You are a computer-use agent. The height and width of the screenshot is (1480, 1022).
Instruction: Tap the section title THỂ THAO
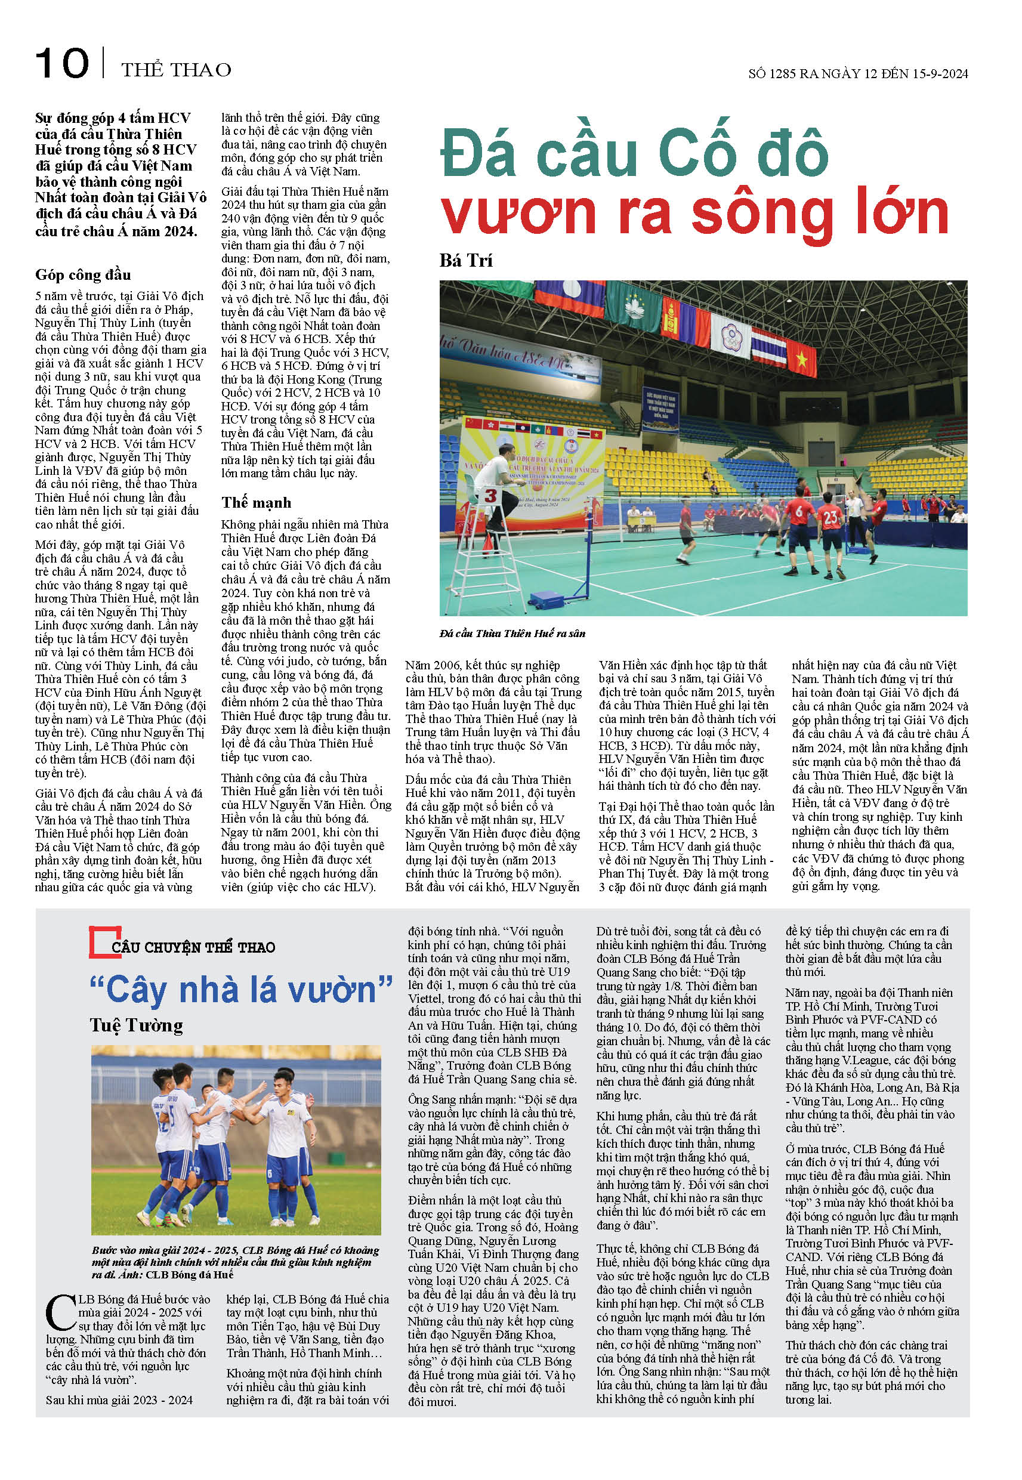[x=176, y=69]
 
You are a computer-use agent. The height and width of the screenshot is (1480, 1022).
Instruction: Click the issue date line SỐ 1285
[x=858, y=73]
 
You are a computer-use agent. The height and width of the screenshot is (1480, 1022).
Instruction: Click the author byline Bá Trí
[x=466, y=261]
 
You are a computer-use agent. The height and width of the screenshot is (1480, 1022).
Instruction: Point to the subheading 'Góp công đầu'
[x=84, y=274]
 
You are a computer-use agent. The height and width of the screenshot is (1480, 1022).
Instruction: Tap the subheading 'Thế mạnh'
[x=256, y=502]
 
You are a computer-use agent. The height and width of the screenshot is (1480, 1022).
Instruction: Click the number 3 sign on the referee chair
[x=490, y=496]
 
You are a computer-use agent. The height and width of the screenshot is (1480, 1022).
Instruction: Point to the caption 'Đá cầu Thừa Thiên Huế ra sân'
[x=512, y=633]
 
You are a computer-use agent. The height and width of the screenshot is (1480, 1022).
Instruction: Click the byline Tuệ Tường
[x=137, y=1025]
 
